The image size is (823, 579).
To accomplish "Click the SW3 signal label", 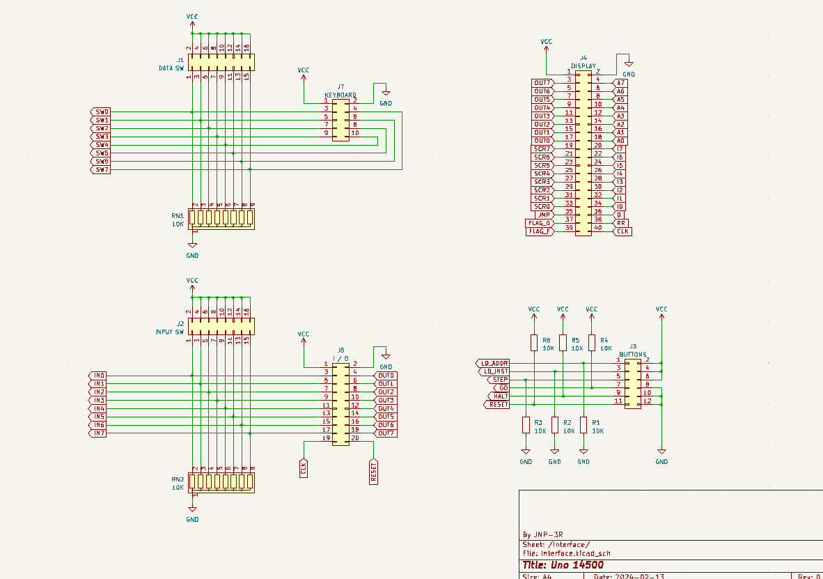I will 101,137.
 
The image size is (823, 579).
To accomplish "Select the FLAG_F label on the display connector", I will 540,231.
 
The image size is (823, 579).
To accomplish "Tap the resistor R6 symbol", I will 534,342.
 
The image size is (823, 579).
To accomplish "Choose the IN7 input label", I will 98,433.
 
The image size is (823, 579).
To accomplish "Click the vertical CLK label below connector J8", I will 304,468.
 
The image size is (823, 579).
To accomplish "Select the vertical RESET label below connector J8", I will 373,472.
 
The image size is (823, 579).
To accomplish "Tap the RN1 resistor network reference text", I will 178,216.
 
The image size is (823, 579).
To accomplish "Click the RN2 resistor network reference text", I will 178,479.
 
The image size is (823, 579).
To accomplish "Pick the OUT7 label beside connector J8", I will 386,433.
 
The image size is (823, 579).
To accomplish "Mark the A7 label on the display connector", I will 621,83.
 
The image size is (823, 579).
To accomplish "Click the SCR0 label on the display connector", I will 542,206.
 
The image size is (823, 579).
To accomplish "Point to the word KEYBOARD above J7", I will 340,95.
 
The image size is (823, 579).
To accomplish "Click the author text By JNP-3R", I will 542,534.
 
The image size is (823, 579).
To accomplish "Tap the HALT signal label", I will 499,396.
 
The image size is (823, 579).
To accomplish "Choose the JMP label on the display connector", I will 544,215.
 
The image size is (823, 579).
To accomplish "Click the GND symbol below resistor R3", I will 526,452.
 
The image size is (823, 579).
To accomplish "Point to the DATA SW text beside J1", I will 171,68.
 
